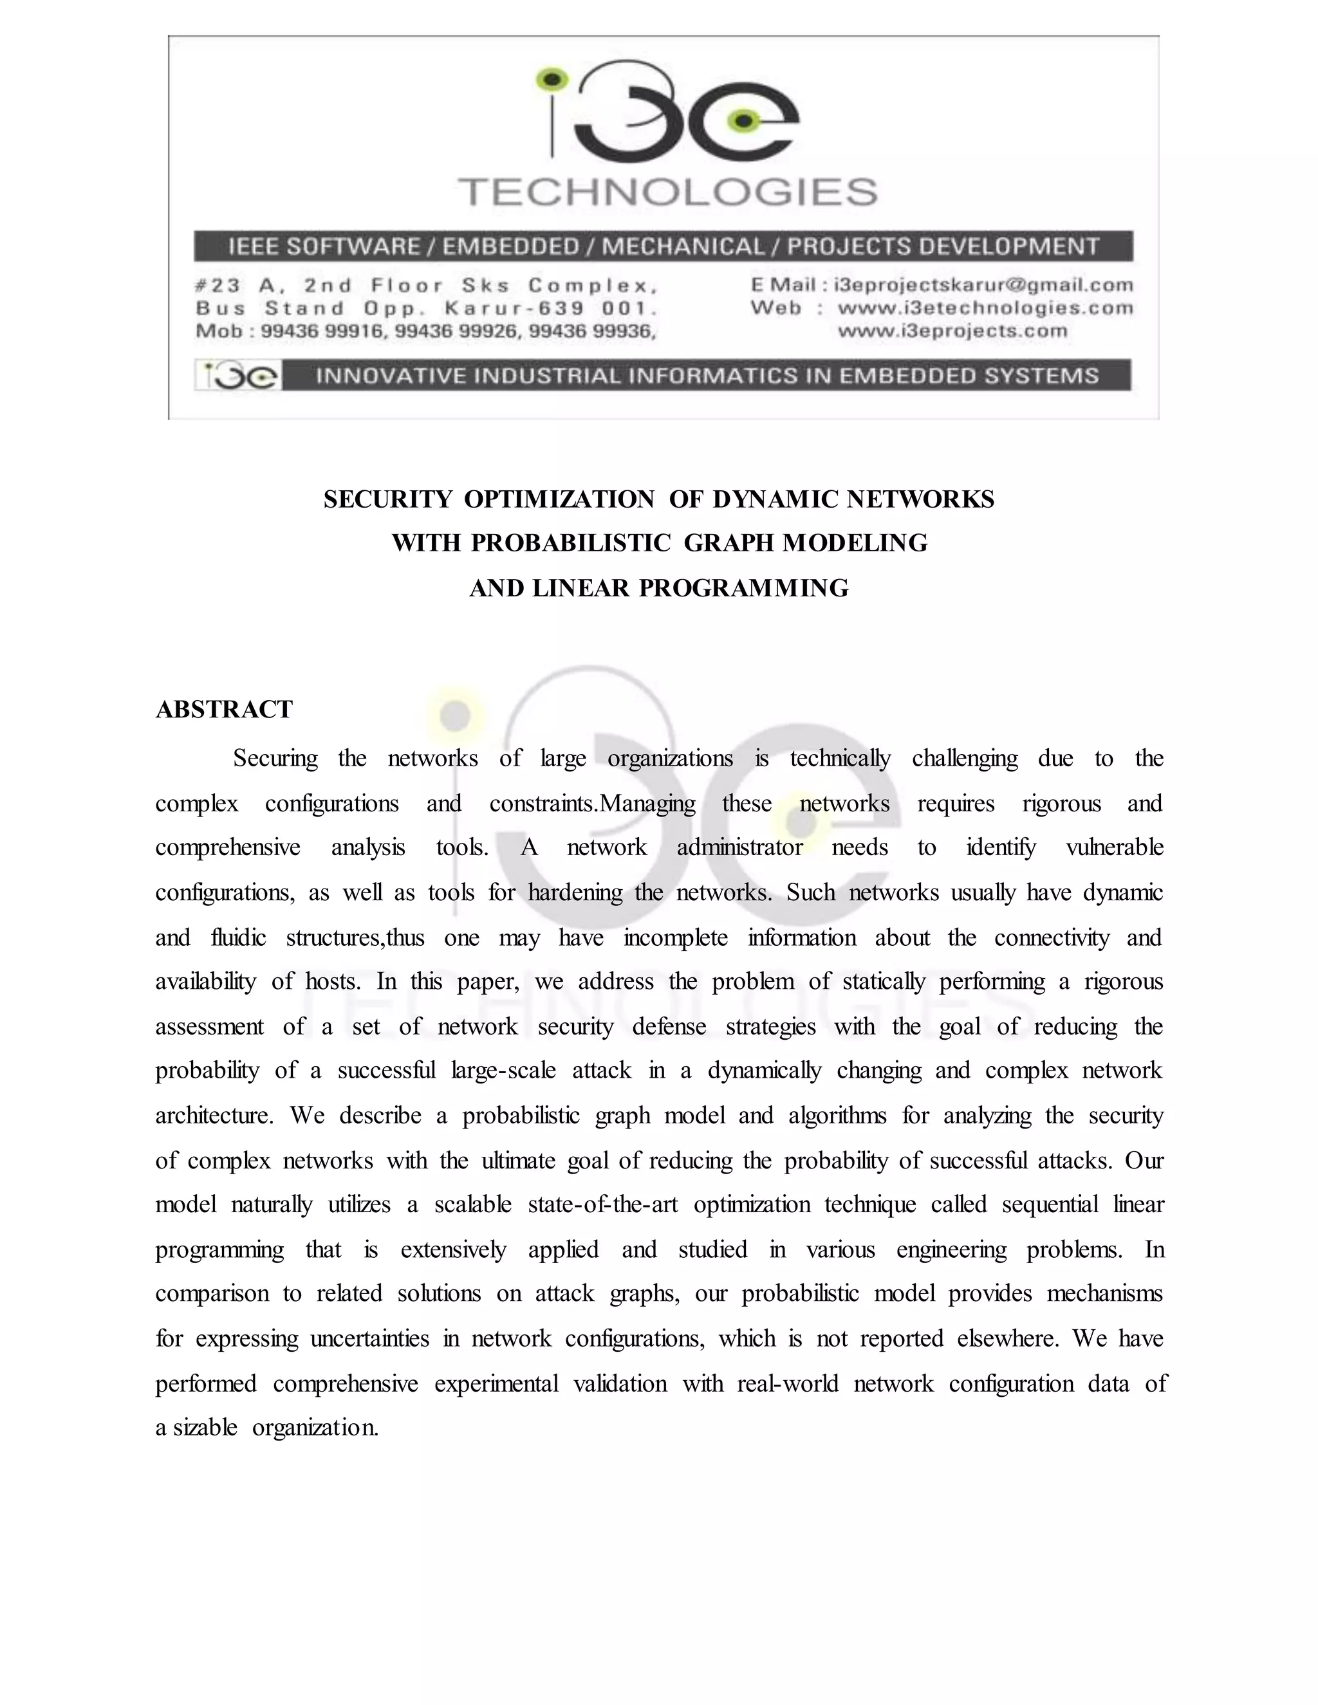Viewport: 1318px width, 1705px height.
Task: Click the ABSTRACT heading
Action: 224,709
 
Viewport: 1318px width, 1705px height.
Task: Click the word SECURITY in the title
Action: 387,499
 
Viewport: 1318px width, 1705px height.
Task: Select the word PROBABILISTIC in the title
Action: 571,542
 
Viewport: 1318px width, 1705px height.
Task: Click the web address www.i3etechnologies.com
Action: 985,308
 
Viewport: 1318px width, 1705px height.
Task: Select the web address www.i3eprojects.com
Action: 952,331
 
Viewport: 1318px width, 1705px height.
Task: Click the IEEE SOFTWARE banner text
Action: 663,246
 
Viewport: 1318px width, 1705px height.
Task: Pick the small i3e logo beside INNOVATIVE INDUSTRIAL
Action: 237,376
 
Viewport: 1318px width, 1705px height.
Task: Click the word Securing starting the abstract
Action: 275,758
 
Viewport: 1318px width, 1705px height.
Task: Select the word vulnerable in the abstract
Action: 1114,847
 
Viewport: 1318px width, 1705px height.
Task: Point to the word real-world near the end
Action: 787,1383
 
